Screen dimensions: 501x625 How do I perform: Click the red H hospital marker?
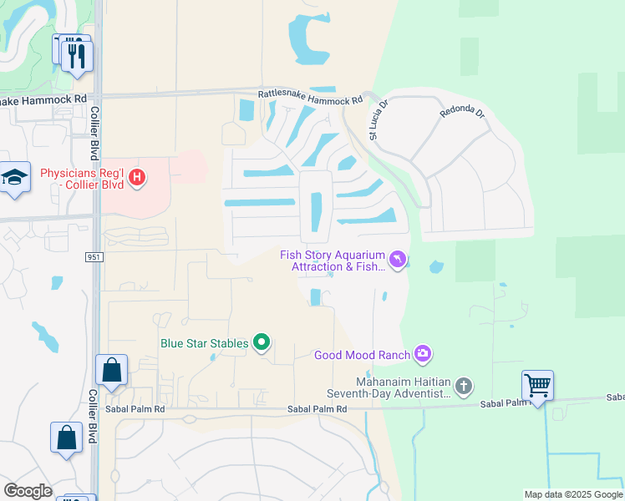[x=139, y=177]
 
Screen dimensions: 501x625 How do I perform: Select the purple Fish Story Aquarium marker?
[x=399, y=261]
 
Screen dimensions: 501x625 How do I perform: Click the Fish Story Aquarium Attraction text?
[x=333, y=261]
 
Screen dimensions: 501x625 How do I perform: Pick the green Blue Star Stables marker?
[x=262, y=342]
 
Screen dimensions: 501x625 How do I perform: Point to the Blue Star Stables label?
[x=205, y=343]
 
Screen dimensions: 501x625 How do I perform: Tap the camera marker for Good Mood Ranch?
[x=423, y=355]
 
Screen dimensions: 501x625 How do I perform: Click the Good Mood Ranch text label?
[x=362, y=356]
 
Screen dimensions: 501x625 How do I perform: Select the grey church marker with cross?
[x=464, y=386]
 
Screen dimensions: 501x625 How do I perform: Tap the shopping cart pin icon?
[x=537, y=386]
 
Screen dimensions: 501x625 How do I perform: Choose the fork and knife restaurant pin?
[x=78, y=56]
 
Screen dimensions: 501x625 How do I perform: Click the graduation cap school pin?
[x=14, y=177]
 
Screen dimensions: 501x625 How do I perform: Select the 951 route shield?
[x=94, y=257]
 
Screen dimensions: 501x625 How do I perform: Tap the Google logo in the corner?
[x=27, y=491]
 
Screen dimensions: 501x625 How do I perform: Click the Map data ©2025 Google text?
[x=572, y=494]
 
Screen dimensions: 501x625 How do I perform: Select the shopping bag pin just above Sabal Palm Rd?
[x=111, y=371]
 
